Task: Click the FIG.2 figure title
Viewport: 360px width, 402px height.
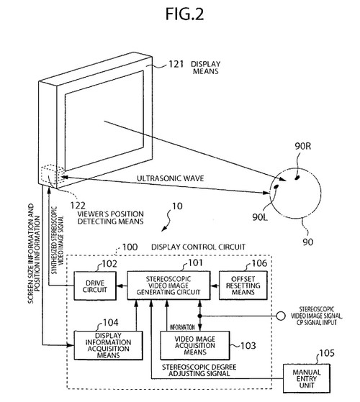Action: click(x=184, y=14)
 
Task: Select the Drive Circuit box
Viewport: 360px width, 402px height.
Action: click(x=95, y=285)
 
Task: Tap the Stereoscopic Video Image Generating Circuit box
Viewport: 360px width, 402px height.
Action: click(x=168, y=285)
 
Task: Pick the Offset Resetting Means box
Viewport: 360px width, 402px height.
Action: click(x=243, y=285)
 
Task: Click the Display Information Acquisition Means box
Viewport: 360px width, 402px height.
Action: click(x=108, y=345)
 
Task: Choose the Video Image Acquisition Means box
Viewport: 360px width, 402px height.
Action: click(x=194, y=345)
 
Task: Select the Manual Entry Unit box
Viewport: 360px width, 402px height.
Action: click(x=307, y=378)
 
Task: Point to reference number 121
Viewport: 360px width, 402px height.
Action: click(x=176, y=64)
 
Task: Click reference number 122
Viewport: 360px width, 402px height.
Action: click(x=78, y=206)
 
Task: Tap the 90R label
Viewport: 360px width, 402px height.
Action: click(x=303, y=146)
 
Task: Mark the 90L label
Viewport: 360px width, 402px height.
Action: click(x=260, y=217)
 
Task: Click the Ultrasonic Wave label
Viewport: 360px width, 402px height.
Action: click(x=170, y=178)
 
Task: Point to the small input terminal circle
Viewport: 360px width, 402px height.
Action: click(x=281, y=316)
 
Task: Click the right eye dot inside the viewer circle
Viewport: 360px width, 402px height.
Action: click(x=297, y=177)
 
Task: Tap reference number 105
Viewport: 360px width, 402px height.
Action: click(x=327, y=353)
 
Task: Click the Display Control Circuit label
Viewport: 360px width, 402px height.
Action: click(x=198, y=247)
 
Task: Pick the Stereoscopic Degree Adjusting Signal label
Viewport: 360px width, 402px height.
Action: click(x=199, y=370)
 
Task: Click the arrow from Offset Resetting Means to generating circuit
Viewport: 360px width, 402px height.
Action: click(x=215, y=285)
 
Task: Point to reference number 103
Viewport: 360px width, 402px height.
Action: click(x=248, y=346)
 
